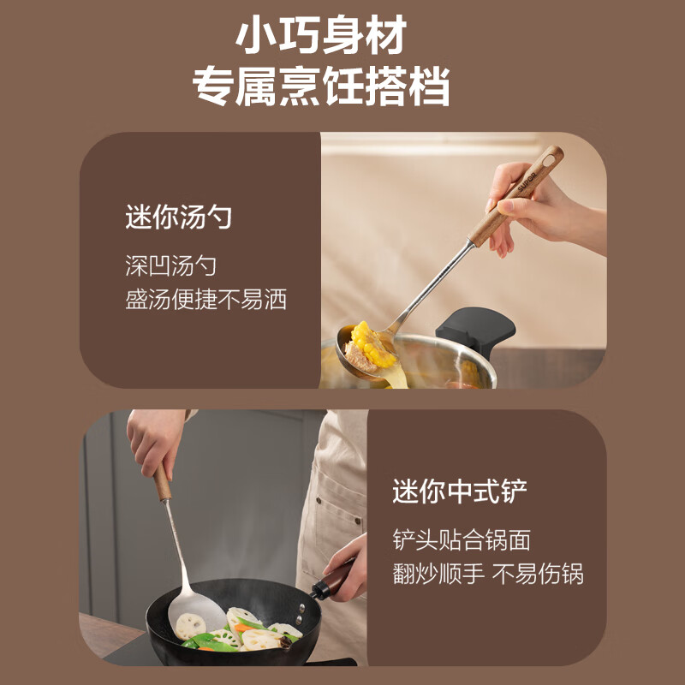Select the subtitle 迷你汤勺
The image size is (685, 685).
[x=178, y=217]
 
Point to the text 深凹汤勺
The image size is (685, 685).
[x=170, y=265]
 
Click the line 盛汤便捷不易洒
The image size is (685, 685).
[x=205, y=300]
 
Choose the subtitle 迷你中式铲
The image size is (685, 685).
[x=460, y=491]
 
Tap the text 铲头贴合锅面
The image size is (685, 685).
[x=462, y=539]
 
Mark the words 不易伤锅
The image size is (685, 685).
[x=538, y=573]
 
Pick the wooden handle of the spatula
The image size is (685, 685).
[x=162, y=484]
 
